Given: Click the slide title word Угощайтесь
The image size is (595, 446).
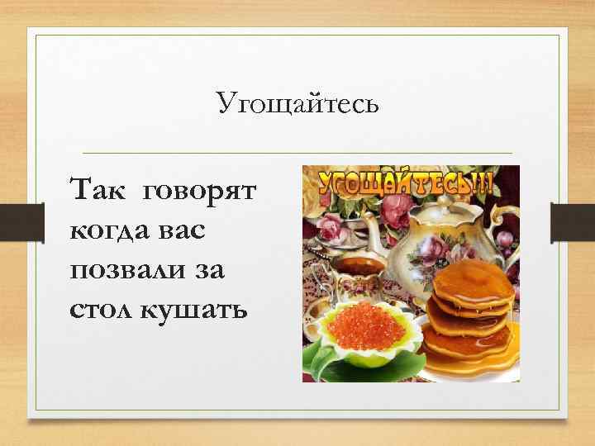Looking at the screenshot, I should tap(298, 104).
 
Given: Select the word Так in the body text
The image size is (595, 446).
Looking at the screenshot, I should tap(98, 192).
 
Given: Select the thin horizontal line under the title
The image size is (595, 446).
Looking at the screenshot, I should tap(298, 153).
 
